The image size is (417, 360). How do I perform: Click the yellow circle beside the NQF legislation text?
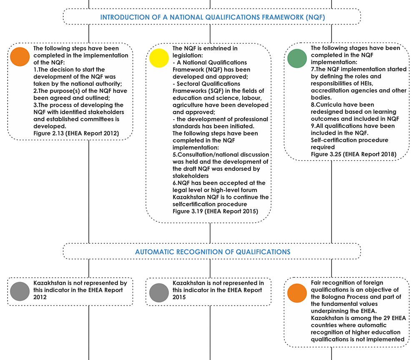pos(159,58)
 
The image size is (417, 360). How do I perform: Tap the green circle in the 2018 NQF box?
pos(297,58)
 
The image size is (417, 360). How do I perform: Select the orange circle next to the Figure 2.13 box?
pos(20,57)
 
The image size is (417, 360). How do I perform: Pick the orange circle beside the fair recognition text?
pos(297,293)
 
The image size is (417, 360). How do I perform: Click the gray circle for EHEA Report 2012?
pos(20,291)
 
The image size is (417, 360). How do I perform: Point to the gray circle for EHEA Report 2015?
pos(159,293)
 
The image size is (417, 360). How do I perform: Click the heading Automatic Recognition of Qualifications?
pos(213,252)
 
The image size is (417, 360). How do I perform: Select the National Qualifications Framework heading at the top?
pos(213,17)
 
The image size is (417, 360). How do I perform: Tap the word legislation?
pos(187,55)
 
